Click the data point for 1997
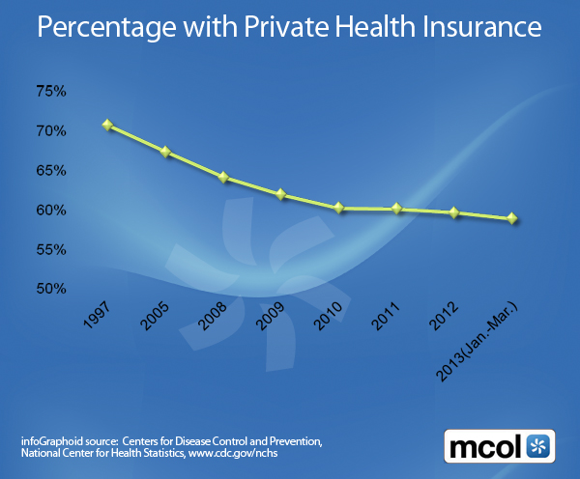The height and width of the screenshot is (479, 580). click(x=107, y=126)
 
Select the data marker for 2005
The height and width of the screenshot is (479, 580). click(x=165, y=152)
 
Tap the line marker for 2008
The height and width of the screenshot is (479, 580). click(x=222, y=178)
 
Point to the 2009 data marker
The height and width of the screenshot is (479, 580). click(x=280, y=194)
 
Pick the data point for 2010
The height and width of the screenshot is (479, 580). click(x=338, y=208)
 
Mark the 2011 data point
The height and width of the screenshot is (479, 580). click(x=396, y=209)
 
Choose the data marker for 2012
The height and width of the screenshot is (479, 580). click(x=454, y=212)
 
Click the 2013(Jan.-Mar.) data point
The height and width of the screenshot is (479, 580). click(x=512, y=218)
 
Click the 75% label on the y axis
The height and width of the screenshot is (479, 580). click(x=50, y=92)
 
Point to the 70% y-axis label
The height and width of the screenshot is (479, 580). click(x=50, y=131)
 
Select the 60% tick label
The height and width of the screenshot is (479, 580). click(x=50, y=211)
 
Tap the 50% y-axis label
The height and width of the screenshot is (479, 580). click(x=50, y=289)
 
